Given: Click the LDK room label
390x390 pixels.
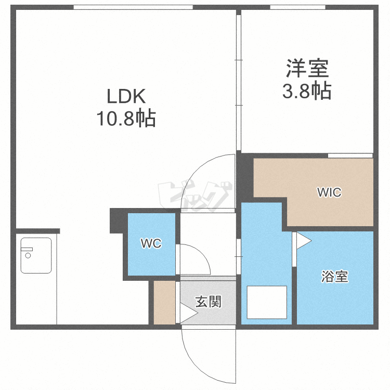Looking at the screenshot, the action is [x=126, y=96].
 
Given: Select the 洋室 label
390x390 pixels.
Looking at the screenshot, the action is [x=307, y=68].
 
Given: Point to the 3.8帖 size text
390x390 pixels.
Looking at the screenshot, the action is [x=307, y=91].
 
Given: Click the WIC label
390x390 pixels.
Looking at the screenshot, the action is [x=329, y=192].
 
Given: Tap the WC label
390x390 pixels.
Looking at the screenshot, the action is [x=151, y=243].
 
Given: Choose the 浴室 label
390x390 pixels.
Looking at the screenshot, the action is [x=335, y=277].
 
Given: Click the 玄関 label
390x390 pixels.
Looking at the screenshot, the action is [x=208, y=302].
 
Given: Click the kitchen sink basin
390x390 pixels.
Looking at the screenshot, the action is [x=36, y=255].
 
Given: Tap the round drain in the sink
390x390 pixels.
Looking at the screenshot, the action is [x=28, y=255].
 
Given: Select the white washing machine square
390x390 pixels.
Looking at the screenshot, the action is [x=267, y=302].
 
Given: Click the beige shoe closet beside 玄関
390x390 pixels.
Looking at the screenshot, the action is [x=164, y=303].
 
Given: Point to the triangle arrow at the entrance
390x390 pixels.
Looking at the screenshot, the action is [x=189, y=313].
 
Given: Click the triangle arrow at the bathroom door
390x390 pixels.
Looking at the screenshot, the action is [x=304, y=241].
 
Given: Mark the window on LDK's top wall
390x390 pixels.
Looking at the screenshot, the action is [x=133, y=7].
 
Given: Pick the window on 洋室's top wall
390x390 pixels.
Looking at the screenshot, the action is [x=298, y=7].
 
